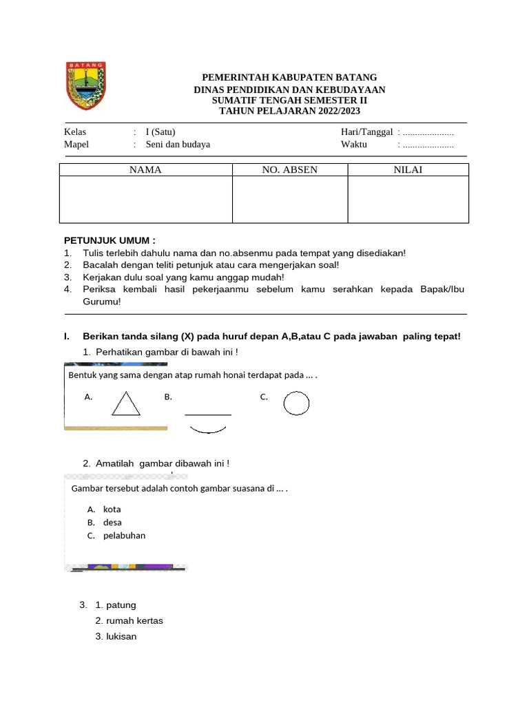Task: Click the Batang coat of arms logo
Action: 85,86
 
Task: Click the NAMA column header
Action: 145,170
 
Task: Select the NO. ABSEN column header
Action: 289,170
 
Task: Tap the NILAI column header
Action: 408,170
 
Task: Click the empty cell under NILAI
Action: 408,200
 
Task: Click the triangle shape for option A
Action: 126,403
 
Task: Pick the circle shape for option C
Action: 296,403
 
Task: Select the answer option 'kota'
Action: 112,509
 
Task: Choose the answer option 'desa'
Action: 112,523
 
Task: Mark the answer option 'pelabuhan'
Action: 124,536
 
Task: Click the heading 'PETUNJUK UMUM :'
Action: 110,240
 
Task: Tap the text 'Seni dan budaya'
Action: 178,145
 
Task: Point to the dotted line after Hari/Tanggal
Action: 428,132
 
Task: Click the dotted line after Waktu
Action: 428,145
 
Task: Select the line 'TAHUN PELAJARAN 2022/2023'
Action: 289,111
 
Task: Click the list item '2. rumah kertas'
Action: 129,621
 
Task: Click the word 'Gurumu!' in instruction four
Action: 102,302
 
